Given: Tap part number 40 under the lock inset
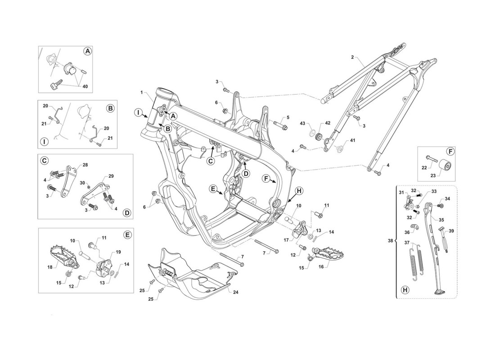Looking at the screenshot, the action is (x=85, y=86).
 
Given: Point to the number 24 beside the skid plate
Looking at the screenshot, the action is (x=235, y=292).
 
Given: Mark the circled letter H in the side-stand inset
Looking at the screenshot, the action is (x=405, y=289).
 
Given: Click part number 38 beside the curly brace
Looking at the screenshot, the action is (x=391, y=241).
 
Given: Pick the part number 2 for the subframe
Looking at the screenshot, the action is (x=352, y=57).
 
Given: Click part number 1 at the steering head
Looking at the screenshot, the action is (x=142, y=93).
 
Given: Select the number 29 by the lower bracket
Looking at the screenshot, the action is (x=111, y=176).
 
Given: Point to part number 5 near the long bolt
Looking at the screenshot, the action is (x=288, y=118).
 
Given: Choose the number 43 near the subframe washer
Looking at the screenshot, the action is (x=302, y=123).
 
